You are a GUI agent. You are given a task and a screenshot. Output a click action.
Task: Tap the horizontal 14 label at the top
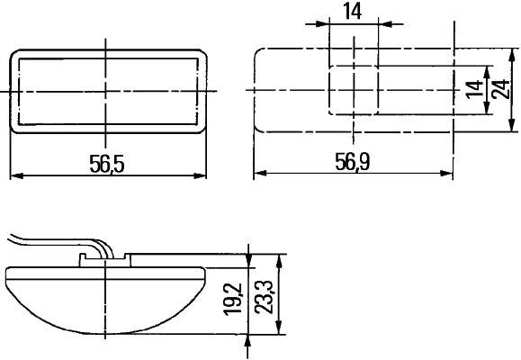click(x=353, y=12)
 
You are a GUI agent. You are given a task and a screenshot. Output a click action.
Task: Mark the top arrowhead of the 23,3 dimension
click(x=280, y=259)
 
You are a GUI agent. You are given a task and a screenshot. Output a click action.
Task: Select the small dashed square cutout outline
click(x=353, y=90)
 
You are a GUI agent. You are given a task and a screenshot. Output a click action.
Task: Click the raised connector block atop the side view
click(x=106, y=259)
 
